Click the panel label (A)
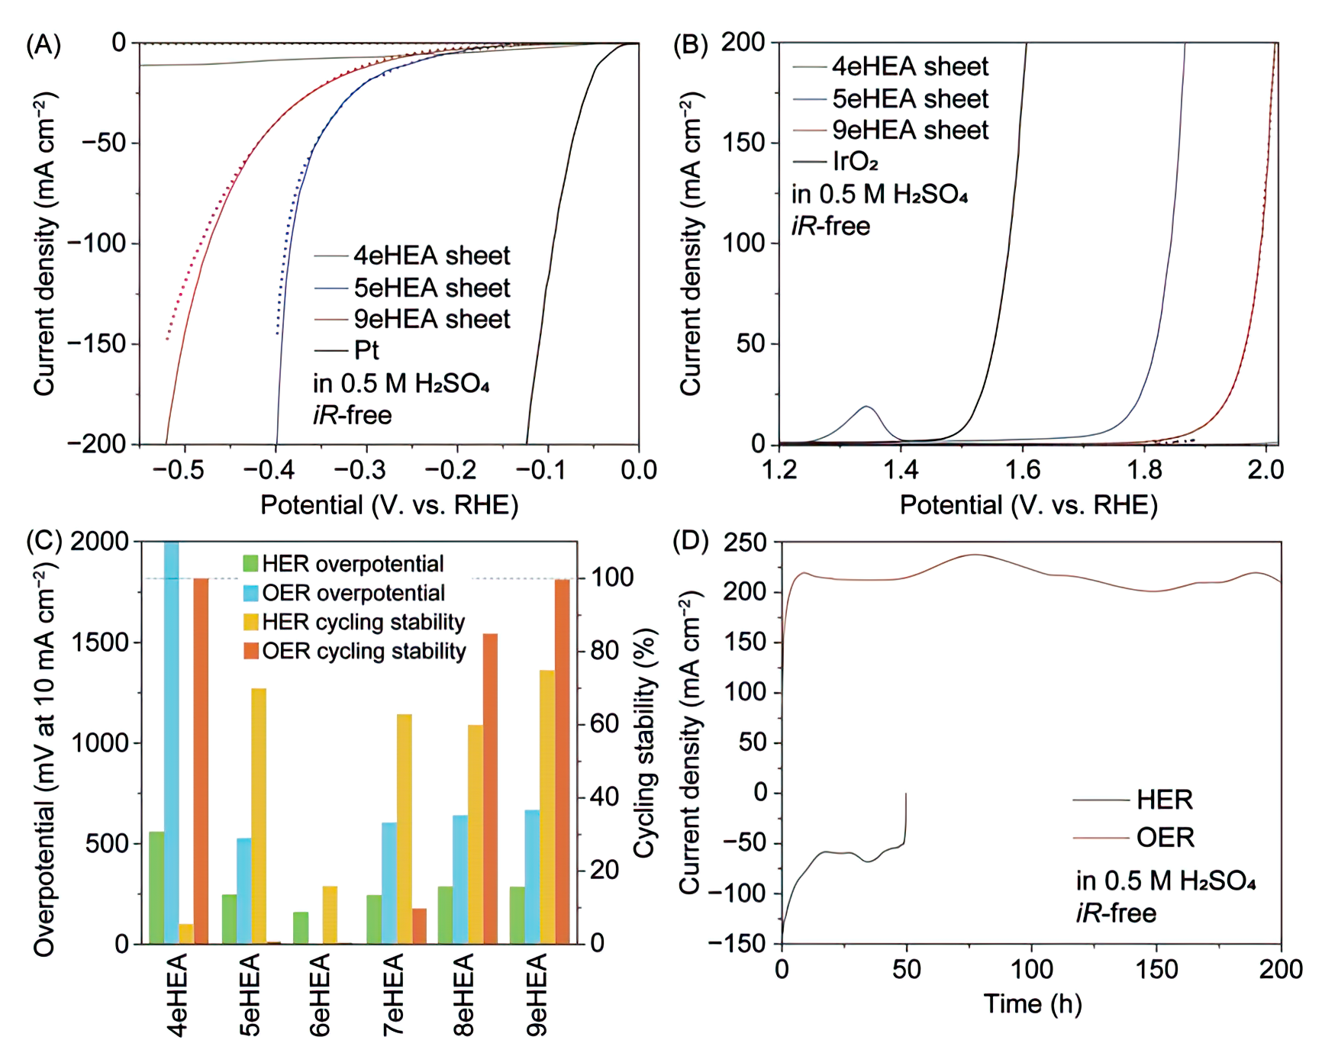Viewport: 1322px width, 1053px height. [43, 45]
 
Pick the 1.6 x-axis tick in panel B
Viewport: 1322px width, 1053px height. [1022, 470]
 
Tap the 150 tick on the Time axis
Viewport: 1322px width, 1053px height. [1156, 969]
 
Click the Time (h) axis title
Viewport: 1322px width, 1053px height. [1032, 1004]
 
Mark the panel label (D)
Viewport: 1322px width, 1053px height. [690, 542]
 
